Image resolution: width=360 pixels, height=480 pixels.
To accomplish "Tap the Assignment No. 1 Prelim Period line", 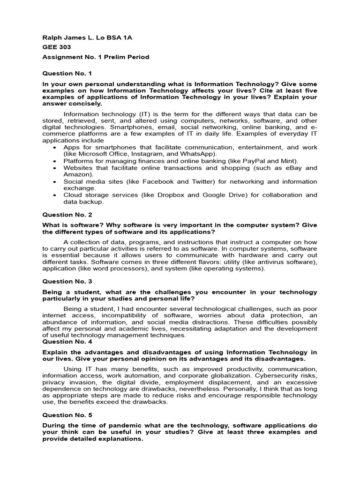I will point(96,57).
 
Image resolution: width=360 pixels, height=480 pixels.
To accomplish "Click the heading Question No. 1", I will point(67,74).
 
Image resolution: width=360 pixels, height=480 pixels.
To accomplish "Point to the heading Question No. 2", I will point(67,215).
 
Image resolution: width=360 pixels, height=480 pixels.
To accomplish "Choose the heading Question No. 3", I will point(67,281).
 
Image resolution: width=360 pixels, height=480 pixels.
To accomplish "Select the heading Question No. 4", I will point(67,342).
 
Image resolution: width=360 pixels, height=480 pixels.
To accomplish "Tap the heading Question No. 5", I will point(67,415).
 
